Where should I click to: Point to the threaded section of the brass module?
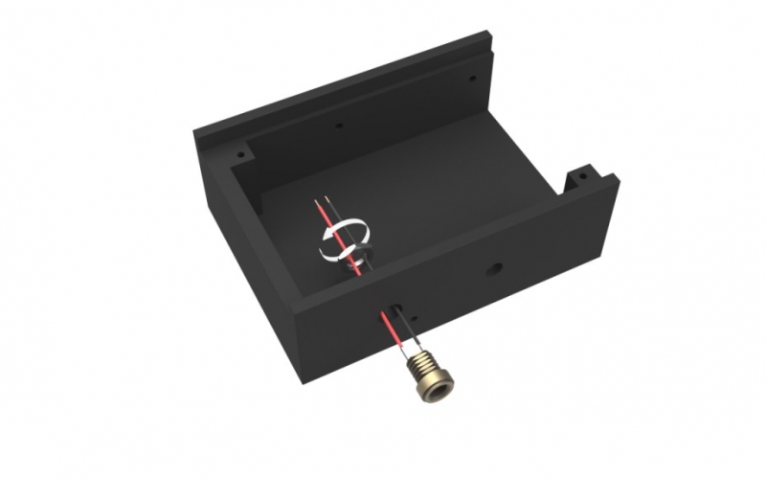tap(420, 363)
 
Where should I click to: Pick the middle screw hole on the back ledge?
tap(338, 124)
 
